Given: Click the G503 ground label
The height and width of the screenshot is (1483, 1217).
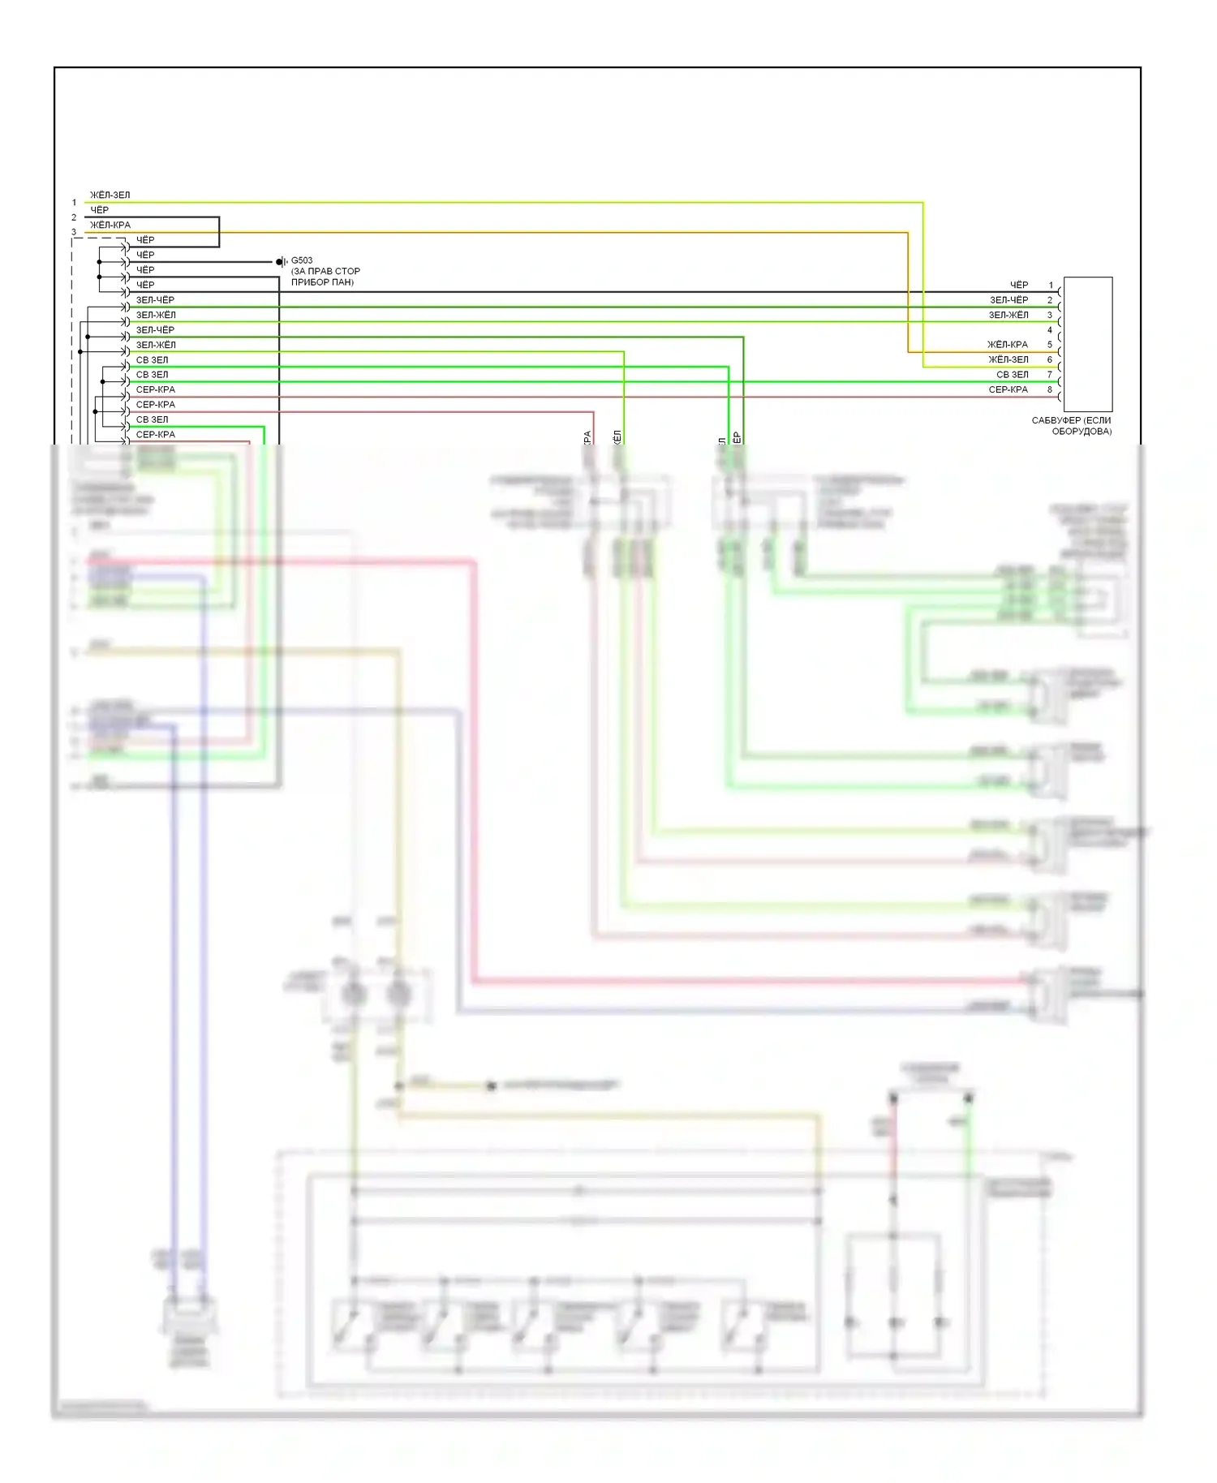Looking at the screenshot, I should (302, 260).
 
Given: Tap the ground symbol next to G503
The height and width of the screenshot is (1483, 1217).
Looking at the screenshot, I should (281, 261).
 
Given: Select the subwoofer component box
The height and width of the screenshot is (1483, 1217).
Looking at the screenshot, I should (1087, 344).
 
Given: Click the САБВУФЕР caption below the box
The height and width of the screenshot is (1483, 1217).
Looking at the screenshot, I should (1071, 420).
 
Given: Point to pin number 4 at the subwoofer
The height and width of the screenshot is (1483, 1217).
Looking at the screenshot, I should (1049, 330).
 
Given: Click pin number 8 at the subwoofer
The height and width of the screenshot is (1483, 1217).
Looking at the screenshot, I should (1049, 390).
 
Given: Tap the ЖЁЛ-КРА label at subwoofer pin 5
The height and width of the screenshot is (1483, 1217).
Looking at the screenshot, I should (1008, 345).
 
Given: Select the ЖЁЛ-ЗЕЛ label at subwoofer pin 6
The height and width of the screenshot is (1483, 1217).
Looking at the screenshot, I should (1008, 359).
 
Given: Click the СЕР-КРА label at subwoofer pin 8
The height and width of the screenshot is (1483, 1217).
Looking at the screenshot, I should (1008, 390).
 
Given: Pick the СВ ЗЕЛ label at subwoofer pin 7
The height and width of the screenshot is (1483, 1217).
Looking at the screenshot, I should (1012, 375).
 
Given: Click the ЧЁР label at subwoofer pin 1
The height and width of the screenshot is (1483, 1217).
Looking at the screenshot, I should (1018, 285).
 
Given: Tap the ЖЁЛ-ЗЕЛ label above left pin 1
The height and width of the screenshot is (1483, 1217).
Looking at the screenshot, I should (110, 196).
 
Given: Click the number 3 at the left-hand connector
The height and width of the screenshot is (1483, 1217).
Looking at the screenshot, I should (74, 232).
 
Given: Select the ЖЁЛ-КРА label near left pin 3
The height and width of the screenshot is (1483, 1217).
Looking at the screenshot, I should (110, 225).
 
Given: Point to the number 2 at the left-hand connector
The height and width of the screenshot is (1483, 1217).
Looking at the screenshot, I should (74, 217).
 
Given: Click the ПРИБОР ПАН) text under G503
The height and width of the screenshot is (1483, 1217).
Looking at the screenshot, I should (322, 282).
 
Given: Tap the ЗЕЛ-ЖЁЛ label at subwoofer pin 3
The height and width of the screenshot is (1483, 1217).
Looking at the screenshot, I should (1008, 315).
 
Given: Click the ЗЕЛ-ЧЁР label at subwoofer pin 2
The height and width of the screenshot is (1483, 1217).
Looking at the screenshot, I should (1008, 300).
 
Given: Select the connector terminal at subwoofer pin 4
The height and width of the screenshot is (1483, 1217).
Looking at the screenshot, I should (1060, 337).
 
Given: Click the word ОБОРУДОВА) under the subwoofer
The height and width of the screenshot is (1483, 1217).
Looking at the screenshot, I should (1082, 432).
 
